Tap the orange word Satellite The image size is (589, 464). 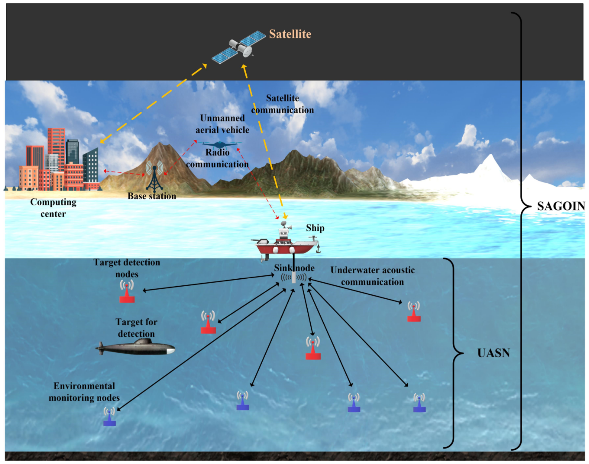click(290, 34)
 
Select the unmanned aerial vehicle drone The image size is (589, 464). click(220, 144)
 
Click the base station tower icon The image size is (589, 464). click(154, 177)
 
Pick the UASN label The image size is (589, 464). click(493, 353)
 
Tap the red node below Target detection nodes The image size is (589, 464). click(127, 292)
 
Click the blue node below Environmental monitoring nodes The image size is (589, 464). click(110, 417)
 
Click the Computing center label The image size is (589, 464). click(53, 208)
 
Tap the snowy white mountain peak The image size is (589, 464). click(491, 163)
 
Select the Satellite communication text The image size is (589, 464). click(282, 104)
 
